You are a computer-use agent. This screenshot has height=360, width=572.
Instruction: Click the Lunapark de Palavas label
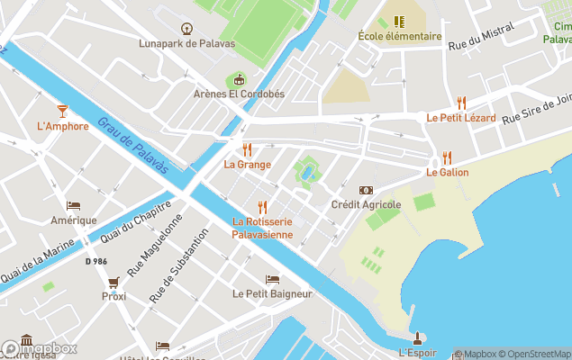pos(186,43)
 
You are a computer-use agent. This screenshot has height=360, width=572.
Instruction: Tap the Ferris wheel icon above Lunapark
pos(186,29)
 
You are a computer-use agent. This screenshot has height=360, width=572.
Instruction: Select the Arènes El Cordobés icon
pos(239,79)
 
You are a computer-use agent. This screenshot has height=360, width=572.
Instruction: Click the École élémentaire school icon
pos(400,22)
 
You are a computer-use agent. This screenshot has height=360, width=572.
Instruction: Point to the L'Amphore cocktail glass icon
pos(62,111)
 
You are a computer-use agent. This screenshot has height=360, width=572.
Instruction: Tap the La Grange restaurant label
pos(247,164)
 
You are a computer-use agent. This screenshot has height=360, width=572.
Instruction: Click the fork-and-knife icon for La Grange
pos(247,149)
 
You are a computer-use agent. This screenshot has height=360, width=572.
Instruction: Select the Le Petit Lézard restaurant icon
pos(462,103)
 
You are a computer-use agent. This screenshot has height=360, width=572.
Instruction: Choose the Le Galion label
pos(445,172)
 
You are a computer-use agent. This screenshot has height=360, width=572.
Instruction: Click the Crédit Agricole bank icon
pos(366,190)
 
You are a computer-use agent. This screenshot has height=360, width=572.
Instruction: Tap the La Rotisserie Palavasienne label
pos(262,228)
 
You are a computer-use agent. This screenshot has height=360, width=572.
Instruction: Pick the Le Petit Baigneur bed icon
pos(272,279)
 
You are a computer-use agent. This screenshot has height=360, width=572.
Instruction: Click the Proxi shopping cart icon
pos(113,282)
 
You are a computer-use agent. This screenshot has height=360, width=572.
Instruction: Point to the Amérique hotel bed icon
pos(74,205)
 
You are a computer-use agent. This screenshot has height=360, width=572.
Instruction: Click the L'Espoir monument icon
pos(417,338)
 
